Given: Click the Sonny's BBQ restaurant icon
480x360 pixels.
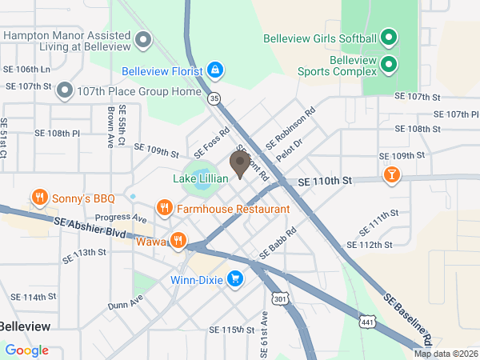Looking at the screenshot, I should (x=38, y=197).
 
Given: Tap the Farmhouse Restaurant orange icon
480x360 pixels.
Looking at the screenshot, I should (x=165, y=208).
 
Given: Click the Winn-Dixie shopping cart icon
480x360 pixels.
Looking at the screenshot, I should (x=235, y=279).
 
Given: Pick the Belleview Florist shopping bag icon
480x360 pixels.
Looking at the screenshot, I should (x=214, y=70).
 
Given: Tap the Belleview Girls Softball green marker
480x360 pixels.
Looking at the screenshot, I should (x=388, y=38).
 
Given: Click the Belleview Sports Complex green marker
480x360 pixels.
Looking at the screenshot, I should (x=388, y=64).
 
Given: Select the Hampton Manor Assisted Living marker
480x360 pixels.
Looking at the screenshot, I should (x=144, y=38).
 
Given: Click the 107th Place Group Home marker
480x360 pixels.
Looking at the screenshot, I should (x=65, y=90).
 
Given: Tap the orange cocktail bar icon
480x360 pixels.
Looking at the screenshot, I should (x=391, y=174).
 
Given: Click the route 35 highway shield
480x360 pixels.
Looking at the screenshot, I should (x=214, y=98).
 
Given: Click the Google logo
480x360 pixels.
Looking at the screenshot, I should (x=26, y=350).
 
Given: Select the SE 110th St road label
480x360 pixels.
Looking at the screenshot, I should (x=324, y=182).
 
